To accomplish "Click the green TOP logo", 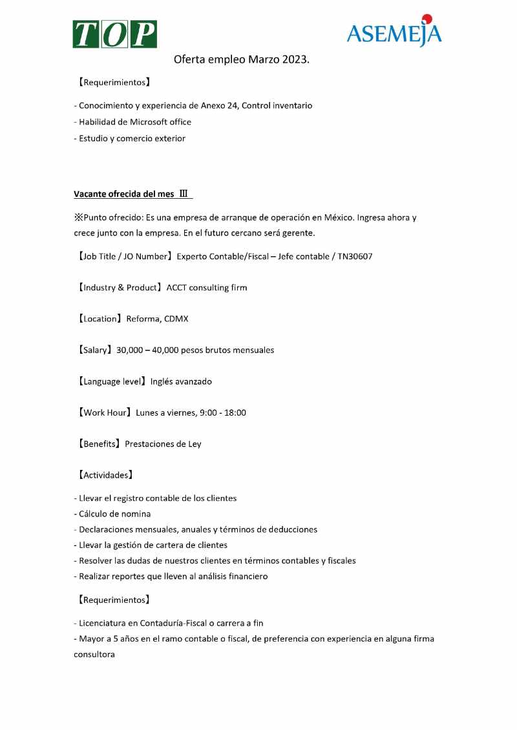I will coord(114,34).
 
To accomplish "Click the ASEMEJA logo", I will coord(394,32).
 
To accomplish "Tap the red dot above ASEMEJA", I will coord(427,19).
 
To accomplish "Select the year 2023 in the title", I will coord(295,60).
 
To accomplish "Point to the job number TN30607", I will coord(355,256).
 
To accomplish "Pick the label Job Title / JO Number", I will coord(123,256).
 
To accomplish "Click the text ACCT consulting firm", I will coord(207,287).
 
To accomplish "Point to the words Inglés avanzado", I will coord(181,381).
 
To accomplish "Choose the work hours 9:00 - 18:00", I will coord(223,412).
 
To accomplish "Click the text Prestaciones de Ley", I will coord(163,444).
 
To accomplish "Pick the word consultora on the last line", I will coord(94,654).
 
